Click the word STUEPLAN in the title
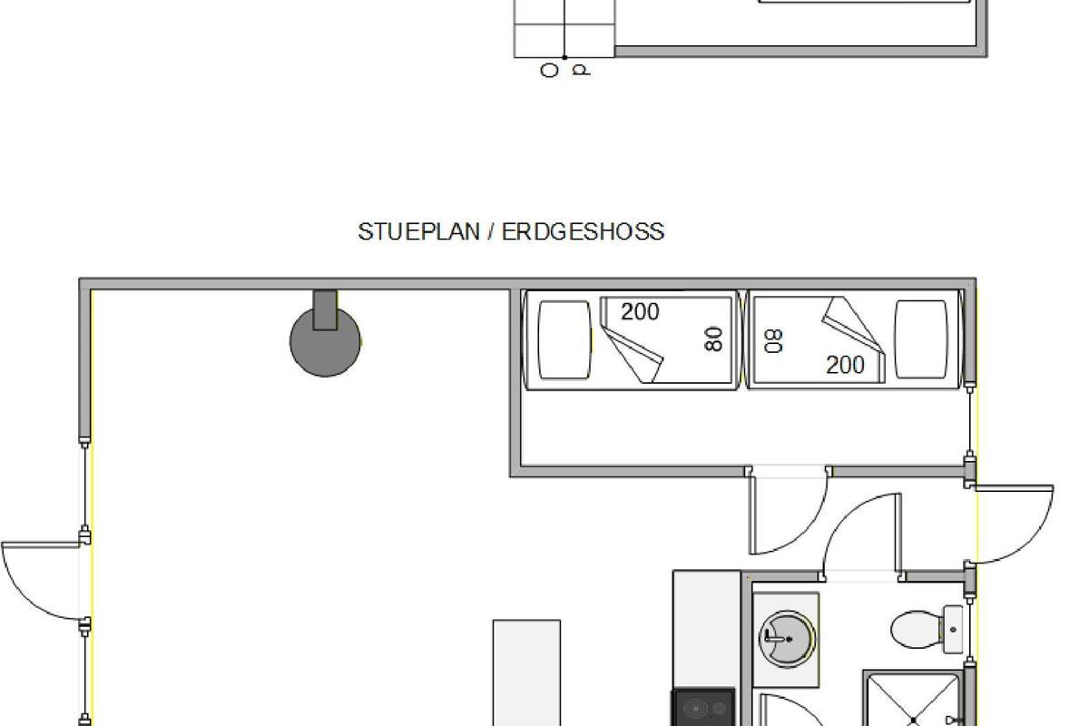coord(418,232)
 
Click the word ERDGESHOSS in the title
coord(583,232)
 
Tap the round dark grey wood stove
coord(325,340)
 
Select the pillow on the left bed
coord(564,339)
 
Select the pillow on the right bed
coord(921,338)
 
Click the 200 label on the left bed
coord(640,311)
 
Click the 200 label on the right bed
coord(845,365)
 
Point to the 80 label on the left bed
coord(713,338)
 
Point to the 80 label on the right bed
coord(773,341)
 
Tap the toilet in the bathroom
coord(927,629)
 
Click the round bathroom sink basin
coord(787,639)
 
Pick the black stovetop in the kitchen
coord(703,707)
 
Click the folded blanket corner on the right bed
coord(854,339)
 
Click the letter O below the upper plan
coord(549,71)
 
